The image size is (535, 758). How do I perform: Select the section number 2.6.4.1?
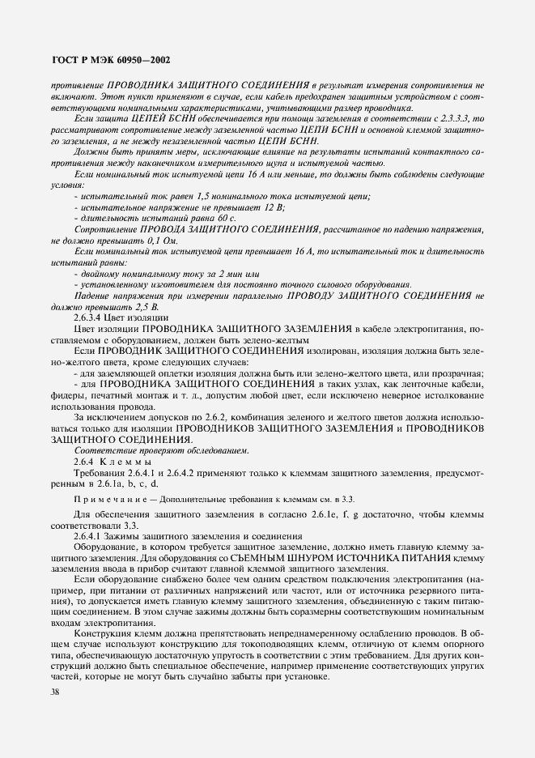tap(91, 536)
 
